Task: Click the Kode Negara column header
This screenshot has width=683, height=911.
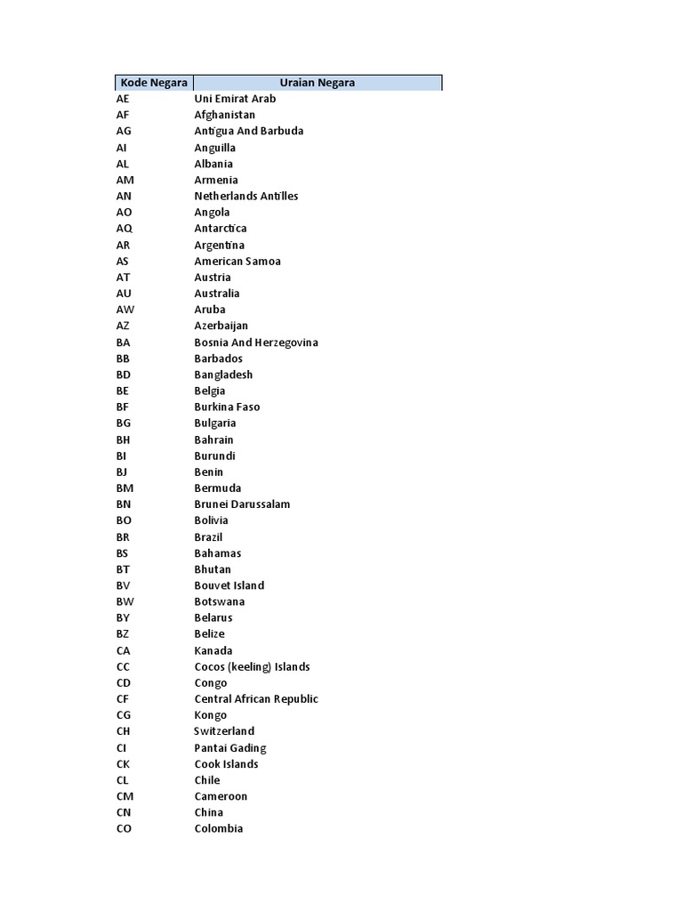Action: pyautogui.click(x=152, y=83)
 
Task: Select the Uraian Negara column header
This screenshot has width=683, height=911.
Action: pyautogui.click(x=317, y=83)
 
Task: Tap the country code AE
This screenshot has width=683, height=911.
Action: pyautogui.click(x=123, y=99)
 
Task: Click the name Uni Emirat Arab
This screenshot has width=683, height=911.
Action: pyautogui.click(x=235, y=99)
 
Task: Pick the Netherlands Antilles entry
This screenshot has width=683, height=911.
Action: pyautogui.click(x=246, y=196)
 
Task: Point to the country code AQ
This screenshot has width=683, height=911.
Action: pyautogui.click(x=124, y=229)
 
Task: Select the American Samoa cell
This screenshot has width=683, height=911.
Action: pyautogui.click(x=237, y=261)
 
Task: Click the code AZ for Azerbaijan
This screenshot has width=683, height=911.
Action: pyautogui.click(x=123, y=326)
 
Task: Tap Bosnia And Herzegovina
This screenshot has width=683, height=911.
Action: pyautogui.click(x=256, y=343)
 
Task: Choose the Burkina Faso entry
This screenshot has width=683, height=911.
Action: pyautogui.click(x=227, y=407)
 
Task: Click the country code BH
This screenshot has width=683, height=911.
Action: pyautogui.click(x=124, y=439)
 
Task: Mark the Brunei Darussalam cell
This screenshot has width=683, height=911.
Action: pyautogui.click(x=242, y=504)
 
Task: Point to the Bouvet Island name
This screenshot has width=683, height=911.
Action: pyautogui.click(x=229, y=585)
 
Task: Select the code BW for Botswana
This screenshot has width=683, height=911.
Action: pyautogui.click(x=125, y=601)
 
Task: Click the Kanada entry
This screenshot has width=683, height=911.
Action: pyautogui.click(x=213, y=650)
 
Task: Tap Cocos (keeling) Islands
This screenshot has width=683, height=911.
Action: pyautogui.click(x=252, y=666)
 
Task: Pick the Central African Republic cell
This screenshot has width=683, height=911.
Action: pyautogui.click(x=256, y=699)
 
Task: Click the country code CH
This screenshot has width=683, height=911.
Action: pyautogui.click(x=124, y=731)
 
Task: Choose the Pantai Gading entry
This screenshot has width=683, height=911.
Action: pyautogui.click(x=230, y=748)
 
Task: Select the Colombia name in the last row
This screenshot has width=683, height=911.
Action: pyautogui.click(x=219, y=828)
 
